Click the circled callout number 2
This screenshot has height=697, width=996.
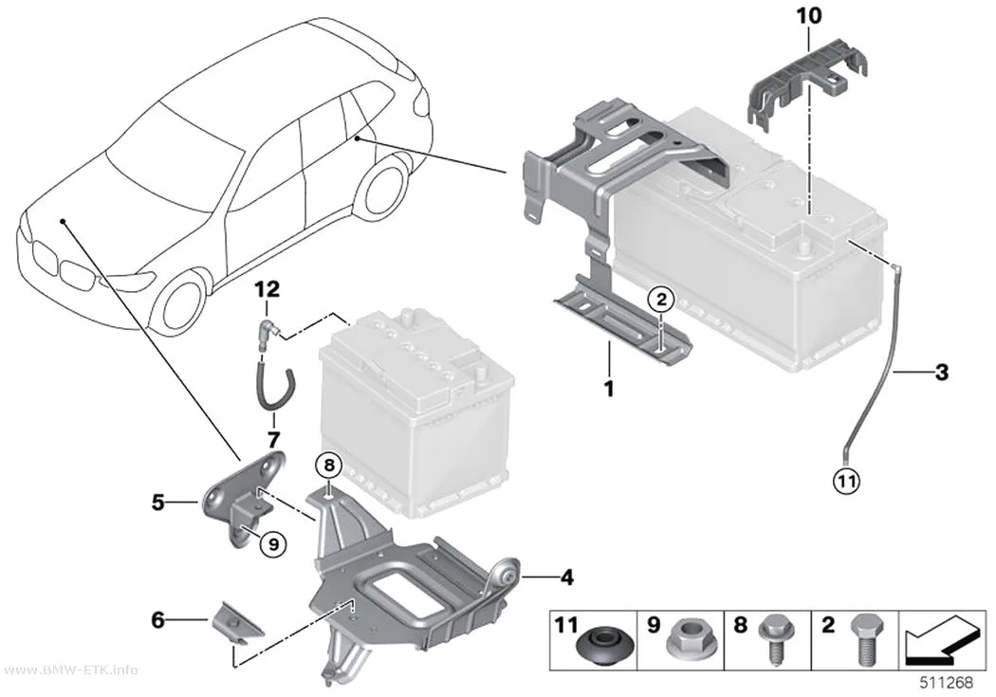(660, 299)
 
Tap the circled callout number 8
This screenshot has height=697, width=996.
(328, 467)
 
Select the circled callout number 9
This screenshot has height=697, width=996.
(273, 543)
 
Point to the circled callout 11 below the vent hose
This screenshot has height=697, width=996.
(846, 481)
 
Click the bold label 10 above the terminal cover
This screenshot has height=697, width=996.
(808, 15)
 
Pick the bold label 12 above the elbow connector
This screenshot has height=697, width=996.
(267, 290)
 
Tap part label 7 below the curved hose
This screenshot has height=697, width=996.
(273, 439)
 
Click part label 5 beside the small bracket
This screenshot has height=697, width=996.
(158, 503)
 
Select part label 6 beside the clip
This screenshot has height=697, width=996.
(158, 620)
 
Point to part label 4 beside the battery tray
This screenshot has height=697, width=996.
(566, 578)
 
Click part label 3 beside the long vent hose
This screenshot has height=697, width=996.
(941, 372)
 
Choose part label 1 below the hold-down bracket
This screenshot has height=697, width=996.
(609, 389)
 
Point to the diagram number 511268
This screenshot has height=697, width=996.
(947, 683)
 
